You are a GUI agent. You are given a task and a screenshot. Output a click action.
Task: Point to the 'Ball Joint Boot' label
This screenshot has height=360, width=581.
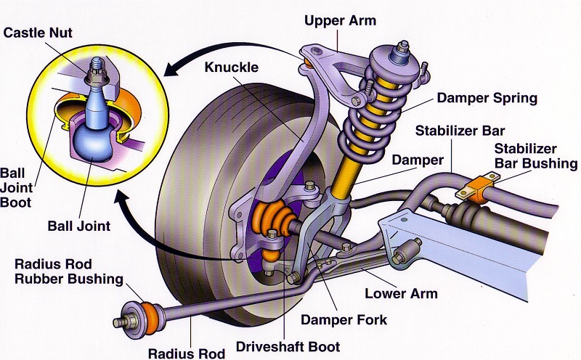(x=17, y=187)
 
